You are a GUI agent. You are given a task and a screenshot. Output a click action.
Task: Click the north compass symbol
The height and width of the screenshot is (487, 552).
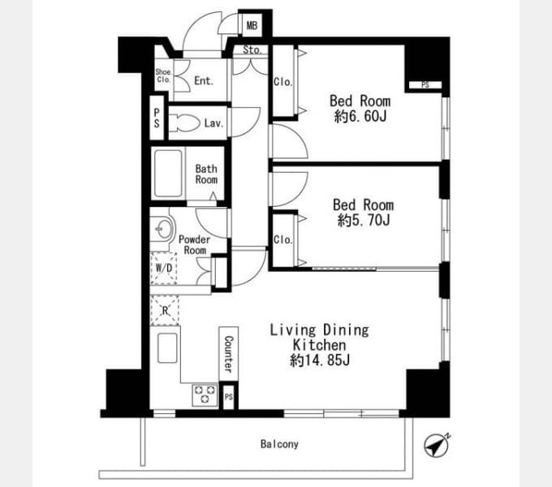[x=436, y=446]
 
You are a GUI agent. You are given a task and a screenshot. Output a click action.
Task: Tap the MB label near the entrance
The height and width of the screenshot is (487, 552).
[x=252, y=26]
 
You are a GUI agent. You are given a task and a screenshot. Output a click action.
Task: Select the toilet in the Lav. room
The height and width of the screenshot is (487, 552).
[x=184, y=123]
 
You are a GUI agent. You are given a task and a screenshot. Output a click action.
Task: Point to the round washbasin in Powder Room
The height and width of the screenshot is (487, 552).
[x=163, y=230]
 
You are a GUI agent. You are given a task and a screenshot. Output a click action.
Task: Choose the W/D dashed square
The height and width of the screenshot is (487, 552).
[x=164, y=268]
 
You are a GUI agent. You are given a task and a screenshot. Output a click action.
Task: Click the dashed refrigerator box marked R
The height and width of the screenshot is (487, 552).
[x=165, y=310]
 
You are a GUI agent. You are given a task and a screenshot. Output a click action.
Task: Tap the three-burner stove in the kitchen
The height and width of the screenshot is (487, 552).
[x=205, y=394]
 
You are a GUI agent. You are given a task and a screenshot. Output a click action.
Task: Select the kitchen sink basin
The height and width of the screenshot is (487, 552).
[x=167, y=347]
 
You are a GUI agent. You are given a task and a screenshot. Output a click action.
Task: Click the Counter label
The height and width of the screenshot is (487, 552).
[x=228, y=354]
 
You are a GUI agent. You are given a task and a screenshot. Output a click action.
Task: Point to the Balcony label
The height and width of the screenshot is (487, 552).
[x=279, y=444]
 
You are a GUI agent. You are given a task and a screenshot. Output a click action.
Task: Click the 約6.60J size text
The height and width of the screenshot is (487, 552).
[x=360, y=116]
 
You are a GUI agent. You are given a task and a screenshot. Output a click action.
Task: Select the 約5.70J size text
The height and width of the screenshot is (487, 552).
[x=364, y=220]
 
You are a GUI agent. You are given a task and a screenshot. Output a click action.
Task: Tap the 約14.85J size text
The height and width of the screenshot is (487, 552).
[x=320, y=360]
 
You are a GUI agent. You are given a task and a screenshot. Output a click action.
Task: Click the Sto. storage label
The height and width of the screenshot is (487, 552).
[x=252, y=50]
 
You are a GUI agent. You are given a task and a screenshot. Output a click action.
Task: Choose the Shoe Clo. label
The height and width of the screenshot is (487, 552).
[x=164, y=76]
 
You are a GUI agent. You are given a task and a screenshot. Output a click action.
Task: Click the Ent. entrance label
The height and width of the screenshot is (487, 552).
[x=204, y=81]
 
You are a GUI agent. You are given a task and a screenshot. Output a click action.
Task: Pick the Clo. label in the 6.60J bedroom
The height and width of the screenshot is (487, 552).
[x=283, y=82]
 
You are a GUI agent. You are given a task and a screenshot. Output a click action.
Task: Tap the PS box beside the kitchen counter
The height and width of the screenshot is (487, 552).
[x=229, y=397]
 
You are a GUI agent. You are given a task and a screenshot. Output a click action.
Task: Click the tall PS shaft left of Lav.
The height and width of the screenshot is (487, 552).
[x=157, y=118]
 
